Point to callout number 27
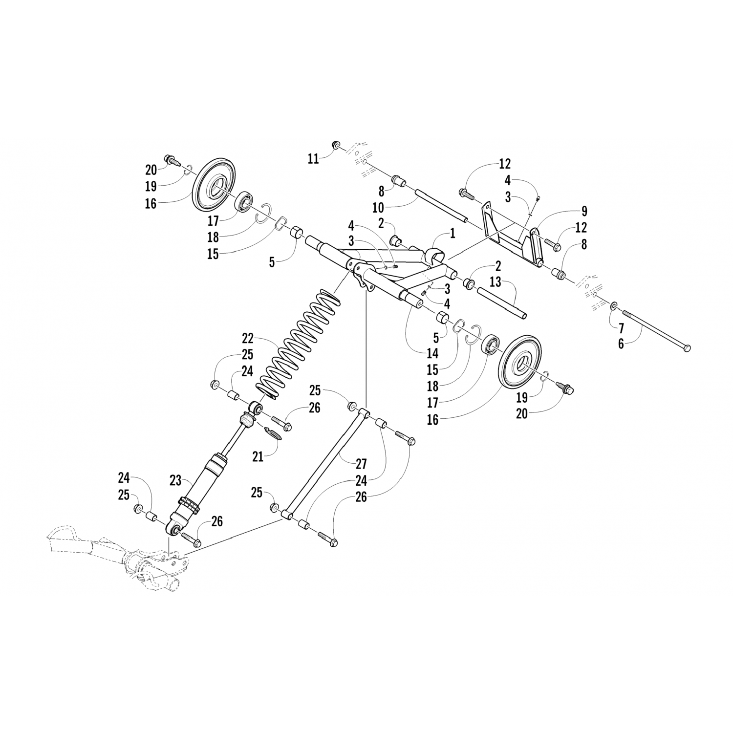(x=361, y=463)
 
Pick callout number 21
(x=258, y=456)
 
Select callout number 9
(x=584, y=212)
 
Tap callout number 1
(x=453, y=234)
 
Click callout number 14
(x=432, y=353)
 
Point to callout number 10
(x=378, y=208)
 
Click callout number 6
(x=621, y=344)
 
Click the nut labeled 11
(x=336, y=145)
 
